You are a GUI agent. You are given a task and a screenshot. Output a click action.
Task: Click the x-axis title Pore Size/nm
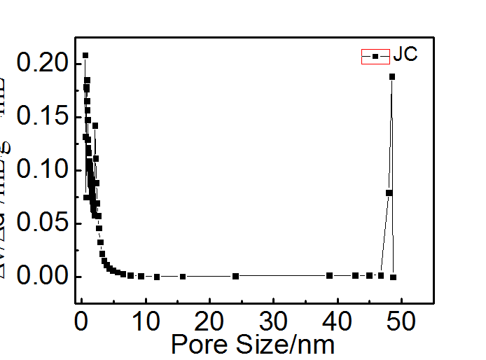click(253, 344)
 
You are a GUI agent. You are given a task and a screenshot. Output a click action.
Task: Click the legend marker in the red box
click(375, 56)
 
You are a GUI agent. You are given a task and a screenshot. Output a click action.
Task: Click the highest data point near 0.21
click(85, 55)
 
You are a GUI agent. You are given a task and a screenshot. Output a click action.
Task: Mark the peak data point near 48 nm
click(392, 76)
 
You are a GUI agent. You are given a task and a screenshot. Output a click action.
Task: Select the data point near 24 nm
click(235, 276)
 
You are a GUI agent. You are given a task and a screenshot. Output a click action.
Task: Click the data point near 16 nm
click(183, 277)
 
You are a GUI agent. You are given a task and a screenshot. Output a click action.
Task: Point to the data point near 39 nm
click(330, 275)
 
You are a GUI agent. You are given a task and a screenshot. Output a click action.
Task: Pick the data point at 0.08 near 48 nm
click(389, 193)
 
